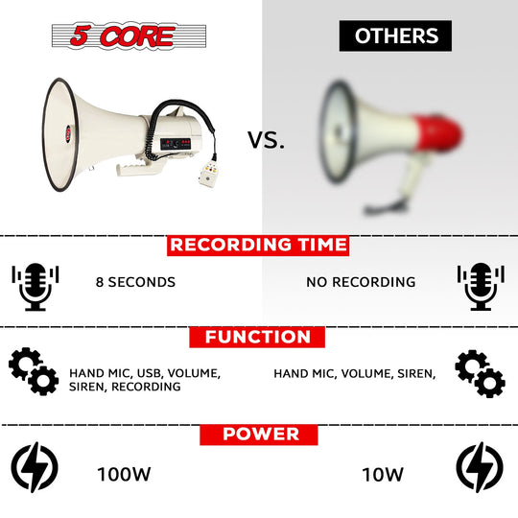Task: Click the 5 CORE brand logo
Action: point(129,35)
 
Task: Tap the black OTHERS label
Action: point(395,35)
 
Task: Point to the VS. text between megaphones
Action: point(266,140)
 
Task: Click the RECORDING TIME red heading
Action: point(258,246)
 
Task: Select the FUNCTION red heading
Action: point(257,337)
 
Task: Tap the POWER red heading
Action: point(259,435)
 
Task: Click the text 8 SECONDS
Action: point(135,282)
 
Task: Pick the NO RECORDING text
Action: point(361,282)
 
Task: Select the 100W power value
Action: point(124,474)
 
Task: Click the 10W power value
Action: point(383,475)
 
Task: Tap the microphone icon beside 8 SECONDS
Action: point(35,287)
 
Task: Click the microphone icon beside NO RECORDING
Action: point(481,287)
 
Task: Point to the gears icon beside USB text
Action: point(34,371)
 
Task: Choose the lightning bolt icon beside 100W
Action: point(35,467)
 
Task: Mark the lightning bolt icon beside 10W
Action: point(480,467)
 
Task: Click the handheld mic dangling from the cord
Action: point(208,175)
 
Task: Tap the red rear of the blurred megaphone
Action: point(437,131)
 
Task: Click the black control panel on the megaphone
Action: point(176,144)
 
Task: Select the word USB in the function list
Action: point(149,373)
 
